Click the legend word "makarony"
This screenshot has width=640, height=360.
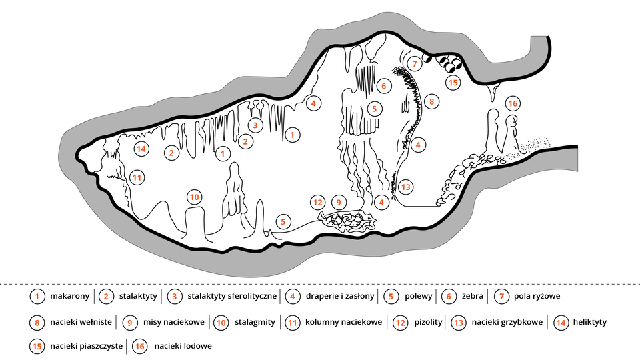(69, 296)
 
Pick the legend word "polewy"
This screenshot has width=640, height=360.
(419, 296)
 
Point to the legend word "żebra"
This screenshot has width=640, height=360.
(473, 296)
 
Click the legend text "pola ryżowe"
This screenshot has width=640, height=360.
(537, 296)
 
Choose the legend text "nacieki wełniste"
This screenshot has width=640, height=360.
(82, 323)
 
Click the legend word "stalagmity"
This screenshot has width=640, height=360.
(255, 323)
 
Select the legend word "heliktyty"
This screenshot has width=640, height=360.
(590, 323)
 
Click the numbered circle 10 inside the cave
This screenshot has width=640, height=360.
(194, 197)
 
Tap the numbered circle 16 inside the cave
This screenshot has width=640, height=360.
(512, 104)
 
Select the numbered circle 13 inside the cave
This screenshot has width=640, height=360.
(406, 187)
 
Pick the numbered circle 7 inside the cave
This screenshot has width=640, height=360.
(414, 64)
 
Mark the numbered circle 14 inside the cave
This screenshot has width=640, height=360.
(141, 149)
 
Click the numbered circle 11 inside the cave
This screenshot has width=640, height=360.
(137, 177)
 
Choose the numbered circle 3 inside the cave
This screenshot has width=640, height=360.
(254, 125)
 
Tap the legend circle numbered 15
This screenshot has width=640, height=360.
(37, 347)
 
